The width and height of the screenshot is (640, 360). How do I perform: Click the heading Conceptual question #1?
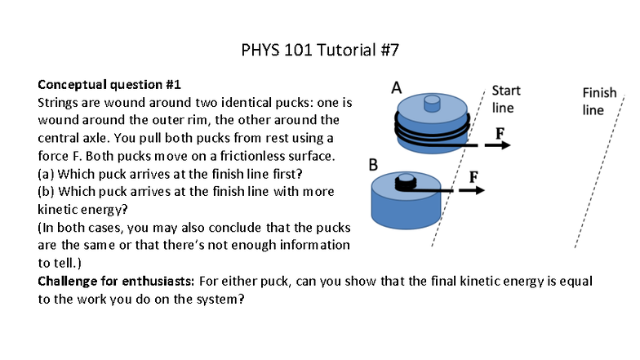tap(109, 84)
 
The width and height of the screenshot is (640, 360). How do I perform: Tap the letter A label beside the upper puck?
tap(397, 87)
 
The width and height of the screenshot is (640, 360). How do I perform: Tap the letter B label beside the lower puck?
tap(375, 164)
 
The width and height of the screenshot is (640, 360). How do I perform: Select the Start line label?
tap(505, 99)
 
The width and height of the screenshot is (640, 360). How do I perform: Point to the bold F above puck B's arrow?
tap(473, 176)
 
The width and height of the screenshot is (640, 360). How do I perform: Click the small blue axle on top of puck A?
tap(432, 102)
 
